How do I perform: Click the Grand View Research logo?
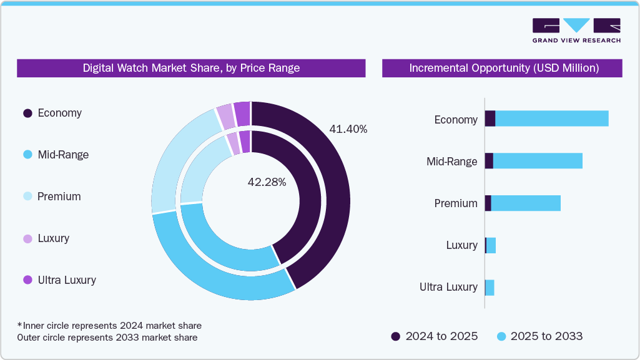[576, 31]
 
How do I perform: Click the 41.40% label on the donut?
[348, 129]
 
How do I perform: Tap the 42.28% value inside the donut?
[267, 182]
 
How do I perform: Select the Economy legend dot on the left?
[27, 114]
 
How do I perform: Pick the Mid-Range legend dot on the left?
[27, 155]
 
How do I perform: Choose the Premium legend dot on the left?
[27, 197]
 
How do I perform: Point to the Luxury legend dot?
[27, 238]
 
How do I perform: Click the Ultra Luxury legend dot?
[27, 280]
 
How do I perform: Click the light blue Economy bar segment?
[551, 119]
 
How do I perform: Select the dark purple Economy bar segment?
[490, 119]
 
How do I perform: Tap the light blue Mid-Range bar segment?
[537, 160]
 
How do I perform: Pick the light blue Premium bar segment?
[526, 203]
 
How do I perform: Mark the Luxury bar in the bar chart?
[491, 245]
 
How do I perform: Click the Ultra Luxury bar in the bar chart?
[490, 287]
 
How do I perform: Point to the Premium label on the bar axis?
[456, 203]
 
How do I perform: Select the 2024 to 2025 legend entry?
[435, 336]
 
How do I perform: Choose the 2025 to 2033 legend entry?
[539, 336]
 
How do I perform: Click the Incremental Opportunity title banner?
[502, 68]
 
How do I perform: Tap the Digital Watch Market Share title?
[191, 68]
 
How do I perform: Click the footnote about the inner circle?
[109, 326]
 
